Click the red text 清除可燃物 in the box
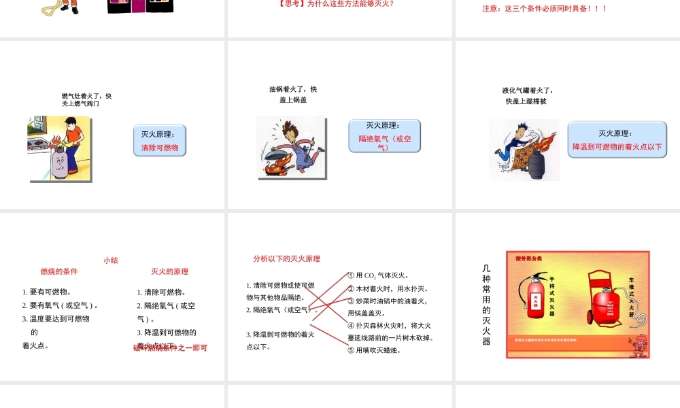[x=160, y=148]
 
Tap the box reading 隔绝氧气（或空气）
[x=384, y=135]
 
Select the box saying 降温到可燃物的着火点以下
[x=617, y=139]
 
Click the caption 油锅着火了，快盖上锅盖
[x=293, y=95]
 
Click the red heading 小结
[x=111, y=260]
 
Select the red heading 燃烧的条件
[x=59, y=271]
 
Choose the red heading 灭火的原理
[x=170, y=271]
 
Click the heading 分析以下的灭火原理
[x=286, y=259]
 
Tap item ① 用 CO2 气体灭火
[x=378, y=275]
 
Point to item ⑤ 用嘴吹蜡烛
[x=374, y=350]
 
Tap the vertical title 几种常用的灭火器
[x=486, y=305]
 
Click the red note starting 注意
[x=544, y=9]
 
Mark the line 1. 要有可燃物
[x=47, y=292]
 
